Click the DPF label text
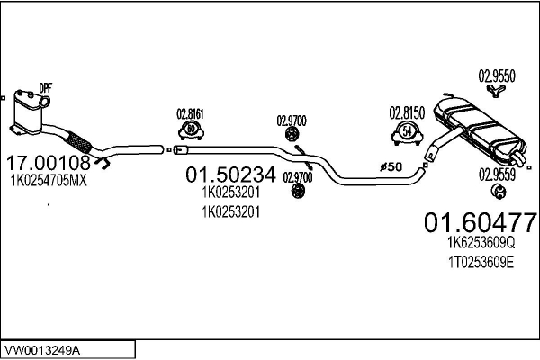tap(45, 88)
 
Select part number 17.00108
tap(49, 163)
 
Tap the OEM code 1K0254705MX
tap(49, 181)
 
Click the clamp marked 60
tap(191, 130)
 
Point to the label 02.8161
tap(191, 114)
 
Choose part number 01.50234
tap(230, 175)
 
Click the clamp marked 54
tap(407, 134)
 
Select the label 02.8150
tap(407, 113)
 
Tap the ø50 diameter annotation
tap(391, 167)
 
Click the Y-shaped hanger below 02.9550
tap(496, 91)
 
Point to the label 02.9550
tap(497, 76)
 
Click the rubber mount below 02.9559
tap(498, 191)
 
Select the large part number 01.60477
tap(481, 222)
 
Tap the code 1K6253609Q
tap(481, 243)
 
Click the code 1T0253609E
tap(481, 263)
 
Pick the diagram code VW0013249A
tap(41, 351)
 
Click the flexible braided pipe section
tap(78, 142)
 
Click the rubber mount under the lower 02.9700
tap(298, 191)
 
